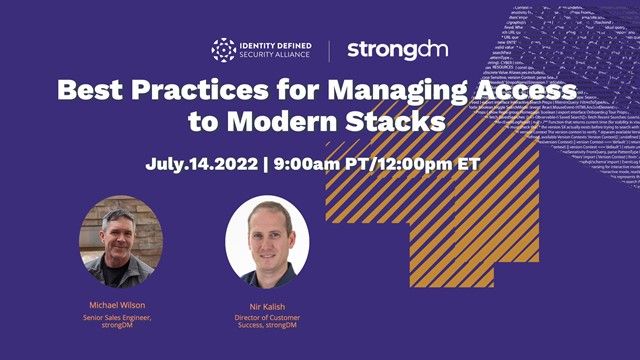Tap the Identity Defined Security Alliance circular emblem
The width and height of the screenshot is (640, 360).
224,49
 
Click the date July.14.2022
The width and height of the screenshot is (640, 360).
199,164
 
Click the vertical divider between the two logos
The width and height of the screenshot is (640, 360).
329,49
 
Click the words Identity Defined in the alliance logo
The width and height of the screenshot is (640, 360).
274,43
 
